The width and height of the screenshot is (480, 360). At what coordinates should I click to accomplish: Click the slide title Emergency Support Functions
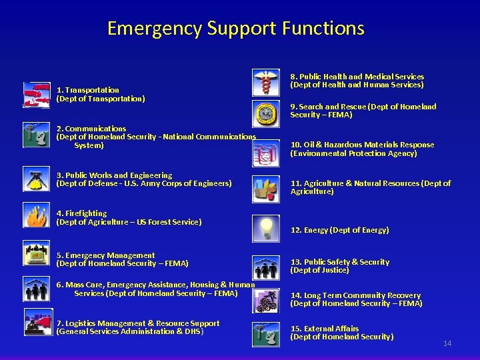(235, 29)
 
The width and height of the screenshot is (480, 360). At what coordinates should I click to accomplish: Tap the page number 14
(447, 343)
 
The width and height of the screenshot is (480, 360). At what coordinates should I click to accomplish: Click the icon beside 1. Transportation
(36, 95)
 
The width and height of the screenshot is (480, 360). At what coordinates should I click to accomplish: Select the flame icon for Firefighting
(36, 215)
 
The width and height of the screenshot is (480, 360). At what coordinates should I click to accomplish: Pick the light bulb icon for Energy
(265, 228)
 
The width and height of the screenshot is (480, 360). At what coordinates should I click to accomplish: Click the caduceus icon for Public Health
(265, 81)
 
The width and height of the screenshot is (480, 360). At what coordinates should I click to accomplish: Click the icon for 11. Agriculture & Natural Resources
(265, 189)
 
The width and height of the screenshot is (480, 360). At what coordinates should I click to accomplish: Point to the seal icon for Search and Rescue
(265, 113)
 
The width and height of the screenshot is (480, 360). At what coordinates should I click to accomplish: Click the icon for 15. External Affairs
(265, 334)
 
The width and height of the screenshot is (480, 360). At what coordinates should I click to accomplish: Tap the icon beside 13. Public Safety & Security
(265, 267)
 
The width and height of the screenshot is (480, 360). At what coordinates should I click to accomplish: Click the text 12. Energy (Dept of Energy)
(339, 230)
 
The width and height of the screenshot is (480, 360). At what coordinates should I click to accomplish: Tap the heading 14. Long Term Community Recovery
(355, 295)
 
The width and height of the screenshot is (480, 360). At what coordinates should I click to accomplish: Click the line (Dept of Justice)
(319, 270)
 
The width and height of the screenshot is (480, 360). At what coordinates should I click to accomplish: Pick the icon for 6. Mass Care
(36, 290)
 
